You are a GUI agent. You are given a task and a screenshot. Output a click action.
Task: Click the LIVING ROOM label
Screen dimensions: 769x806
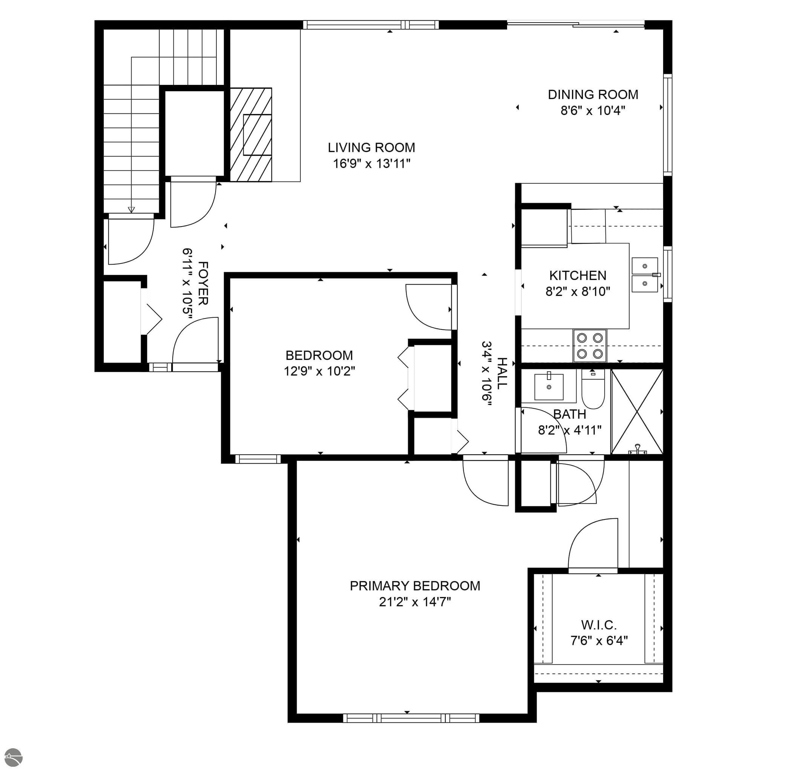(x=371, y=147)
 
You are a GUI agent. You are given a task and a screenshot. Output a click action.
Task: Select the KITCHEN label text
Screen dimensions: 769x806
(x=577, y=276)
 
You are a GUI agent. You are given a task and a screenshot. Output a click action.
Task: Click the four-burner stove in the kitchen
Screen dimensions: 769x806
(x=590, y=346)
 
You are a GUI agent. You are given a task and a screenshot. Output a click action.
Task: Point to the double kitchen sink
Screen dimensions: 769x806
(x=645, y=275)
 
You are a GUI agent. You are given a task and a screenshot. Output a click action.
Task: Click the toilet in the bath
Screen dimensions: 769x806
(x=593, y=389)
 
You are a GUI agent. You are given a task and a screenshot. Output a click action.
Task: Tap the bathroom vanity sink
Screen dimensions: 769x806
(x=549, y=386)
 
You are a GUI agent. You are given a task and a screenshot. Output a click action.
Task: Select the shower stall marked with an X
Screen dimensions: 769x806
(x=637, y=411)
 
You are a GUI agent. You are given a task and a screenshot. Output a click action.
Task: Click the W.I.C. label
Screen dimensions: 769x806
(x=599, y=625)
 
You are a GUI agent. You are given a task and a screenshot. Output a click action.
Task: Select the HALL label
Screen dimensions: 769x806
(x=502, y=373)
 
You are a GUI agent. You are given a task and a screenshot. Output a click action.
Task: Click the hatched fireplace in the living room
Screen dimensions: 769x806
(x=250, y=135)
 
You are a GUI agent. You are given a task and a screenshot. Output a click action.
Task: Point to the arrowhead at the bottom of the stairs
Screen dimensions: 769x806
(x=131, y=210)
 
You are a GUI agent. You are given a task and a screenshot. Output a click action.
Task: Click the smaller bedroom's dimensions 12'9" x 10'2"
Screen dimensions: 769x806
(x=319, y=371)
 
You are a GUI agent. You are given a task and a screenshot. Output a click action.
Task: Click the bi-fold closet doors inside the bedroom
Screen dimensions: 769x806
(x=404, y=378)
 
